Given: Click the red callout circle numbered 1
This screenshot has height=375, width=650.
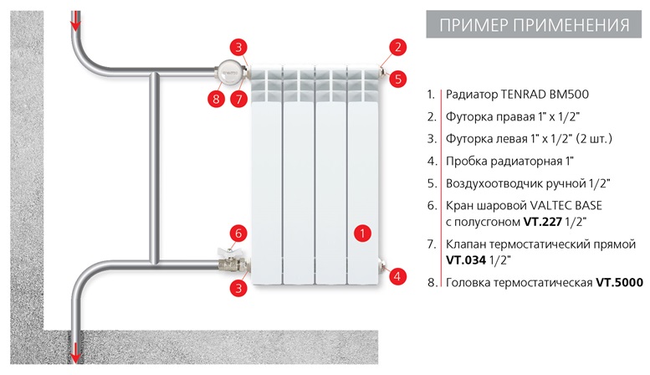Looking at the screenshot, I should click(361, 234).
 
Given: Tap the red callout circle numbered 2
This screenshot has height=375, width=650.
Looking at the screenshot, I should click(399, 47).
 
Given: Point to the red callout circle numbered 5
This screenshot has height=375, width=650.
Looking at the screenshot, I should click(399, 79).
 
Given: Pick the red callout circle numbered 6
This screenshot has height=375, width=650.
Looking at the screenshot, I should click(239, 233).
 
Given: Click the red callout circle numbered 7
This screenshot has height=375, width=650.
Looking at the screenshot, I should click(239, 100).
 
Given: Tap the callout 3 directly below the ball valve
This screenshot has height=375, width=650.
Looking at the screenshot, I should click(239, 288).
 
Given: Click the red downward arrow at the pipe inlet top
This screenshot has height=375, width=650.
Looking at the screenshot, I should click(76, 20).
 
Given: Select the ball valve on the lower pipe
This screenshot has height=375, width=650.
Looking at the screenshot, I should click(227, 261).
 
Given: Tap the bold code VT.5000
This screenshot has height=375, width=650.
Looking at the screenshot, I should click(619, 283).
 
